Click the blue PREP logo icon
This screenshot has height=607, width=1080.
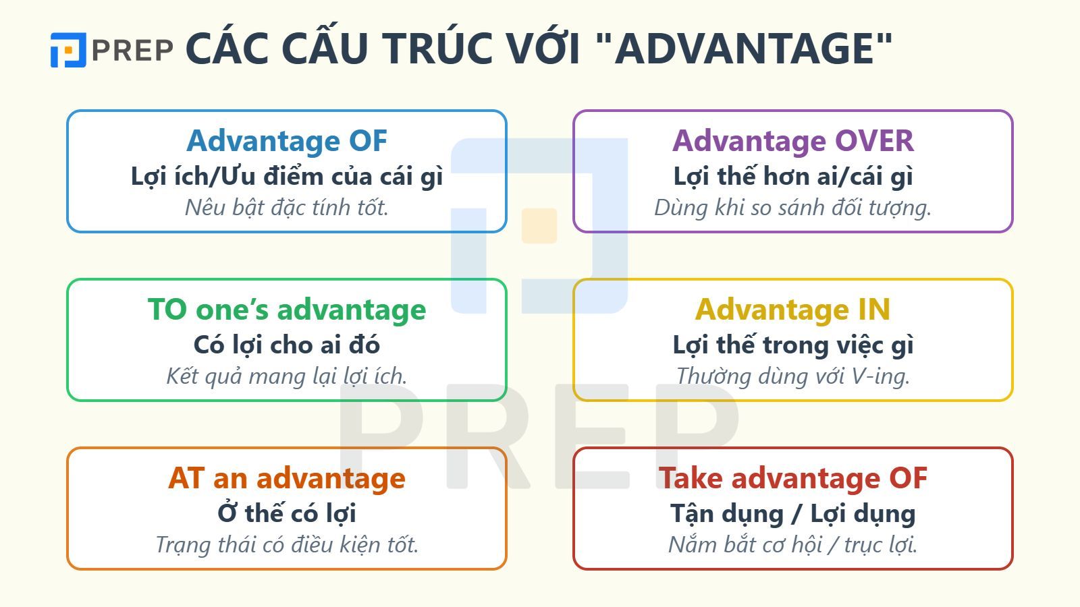[68, 50]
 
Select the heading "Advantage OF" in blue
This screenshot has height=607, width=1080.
[287, 141]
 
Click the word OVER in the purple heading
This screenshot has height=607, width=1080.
[874, 141]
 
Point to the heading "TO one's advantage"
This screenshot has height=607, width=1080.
[287, 310]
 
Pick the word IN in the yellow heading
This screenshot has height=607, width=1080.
[874, 310]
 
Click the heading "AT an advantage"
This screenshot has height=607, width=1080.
[287, 478]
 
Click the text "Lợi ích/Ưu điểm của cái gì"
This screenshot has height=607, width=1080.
[287, 177]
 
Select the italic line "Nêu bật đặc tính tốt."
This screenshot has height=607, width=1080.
[287, 207]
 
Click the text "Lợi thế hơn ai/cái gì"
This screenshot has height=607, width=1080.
[793, 177]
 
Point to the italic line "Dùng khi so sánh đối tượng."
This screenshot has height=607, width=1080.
[793, 207]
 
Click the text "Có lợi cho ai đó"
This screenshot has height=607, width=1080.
[287, 345]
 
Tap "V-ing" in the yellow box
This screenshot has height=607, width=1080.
[880, 376]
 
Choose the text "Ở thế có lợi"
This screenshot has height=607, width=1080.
[287, 514]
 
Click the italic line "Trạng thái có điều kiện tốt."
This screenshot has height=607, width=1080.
[287, 544]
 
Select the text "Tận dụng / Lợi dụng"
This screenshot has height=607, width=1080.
[793, 514]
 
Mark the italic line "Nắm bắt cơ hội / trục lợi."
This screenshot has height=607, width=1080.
[793, 544]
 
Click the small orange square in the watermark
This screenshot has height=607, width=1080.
[539, 226]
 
